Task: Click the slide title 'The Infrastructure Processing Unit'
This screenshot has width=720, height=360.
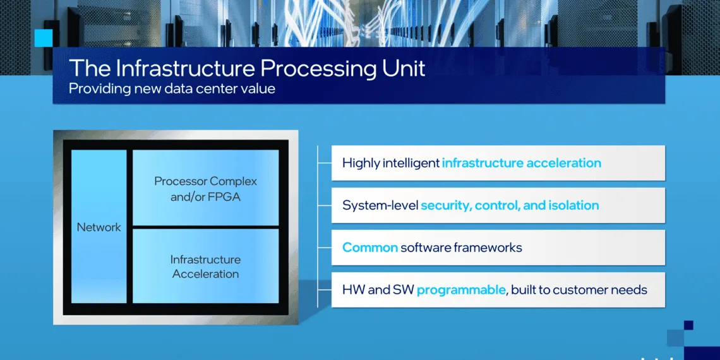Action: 247,68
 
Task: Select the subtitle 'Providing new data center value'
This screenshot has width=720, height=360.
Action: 172,88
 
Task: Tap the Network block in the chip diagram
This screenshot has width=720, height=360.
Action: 99,227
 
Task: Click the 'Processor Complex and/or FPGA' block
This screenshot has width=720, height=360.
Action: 205,189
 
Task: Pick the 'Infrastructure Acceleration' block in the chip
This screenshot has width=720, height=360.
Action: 205,267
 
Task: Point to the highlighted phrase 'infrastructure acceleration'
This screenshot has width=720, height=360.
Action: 521,163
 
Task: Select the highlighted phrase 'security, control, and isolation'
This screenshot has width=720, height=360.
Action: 510,205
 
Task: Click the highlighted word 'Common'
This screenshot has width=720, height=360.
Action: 369,248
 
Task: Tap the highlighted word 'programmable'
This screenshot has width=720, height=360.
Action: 461,290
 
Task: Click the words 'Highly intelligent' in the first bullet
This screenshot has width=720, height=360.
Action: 390,163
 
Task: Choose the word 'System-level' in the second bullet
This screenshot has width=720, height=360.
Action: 380,205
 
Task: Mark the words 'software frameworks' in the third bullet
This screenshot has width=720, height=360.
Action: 462,248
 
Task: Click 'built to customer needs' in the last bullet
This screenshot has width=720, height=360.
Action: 579,290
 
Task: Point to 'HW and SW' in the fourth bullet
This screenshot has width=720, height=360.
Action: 378,290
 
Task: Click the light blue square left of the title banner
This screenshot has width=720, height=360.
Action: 44,38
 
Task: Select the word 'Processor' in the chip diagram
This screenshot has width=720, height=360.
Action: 181,181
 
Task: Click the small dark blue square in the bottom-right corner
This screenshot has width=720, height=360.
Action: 688,325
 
